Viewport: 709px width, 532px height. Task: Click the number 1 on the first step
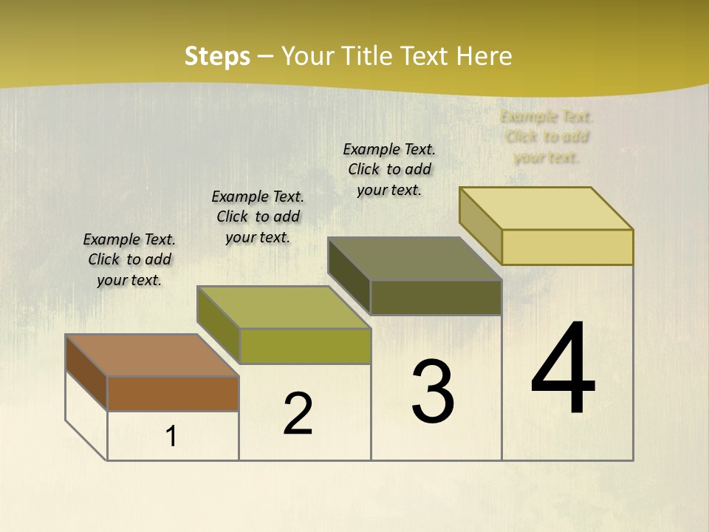point(171,437)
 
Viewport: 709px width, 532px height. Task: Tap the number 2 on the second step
point(298,414)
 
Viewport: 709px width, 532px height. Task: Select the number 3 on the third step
point(433,392)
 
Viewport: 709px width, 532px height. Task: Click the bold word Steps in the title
point(217,56)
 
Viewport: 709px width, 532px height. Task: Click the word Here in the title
point(484,56)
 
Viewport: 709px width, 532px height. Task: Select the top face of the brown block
point(151,355)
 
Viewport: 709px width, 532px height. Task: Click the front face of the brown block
point(173,393)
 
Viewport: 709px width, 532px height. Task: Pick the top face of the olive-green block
point(283,307)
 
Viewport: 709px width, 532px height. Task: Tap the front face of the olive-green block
point(304,346)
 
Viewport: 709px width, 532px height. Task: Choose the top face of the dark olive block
point(414,259)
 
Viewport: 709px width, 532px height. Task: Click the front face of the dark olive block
point(436,297)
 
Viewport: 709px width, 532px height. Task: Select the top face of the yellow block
point(546,208)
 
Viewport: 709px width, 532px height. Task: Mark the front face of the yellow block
point(567,247)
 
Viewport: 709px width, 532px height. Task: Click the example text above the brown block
point(129,259)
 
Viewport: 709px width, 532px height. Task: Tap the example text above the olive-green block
point(258,216)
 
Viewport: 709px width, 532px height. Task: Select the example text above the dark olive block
point(389,169)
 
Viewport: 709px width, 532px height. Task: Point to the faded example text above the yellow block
point(547,137)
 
